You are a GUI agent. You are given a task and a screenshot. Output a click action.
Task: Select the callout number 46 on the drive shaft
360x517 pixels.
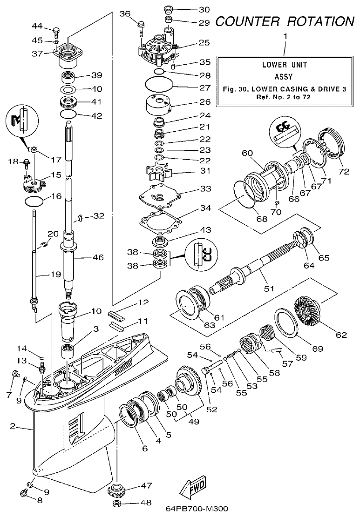pyautogui.click(x=98, y=257)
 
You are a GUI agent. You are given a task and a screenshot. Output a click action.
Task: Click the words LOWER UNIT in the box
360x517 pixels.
pyautogui.click(x=284, y=65)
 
